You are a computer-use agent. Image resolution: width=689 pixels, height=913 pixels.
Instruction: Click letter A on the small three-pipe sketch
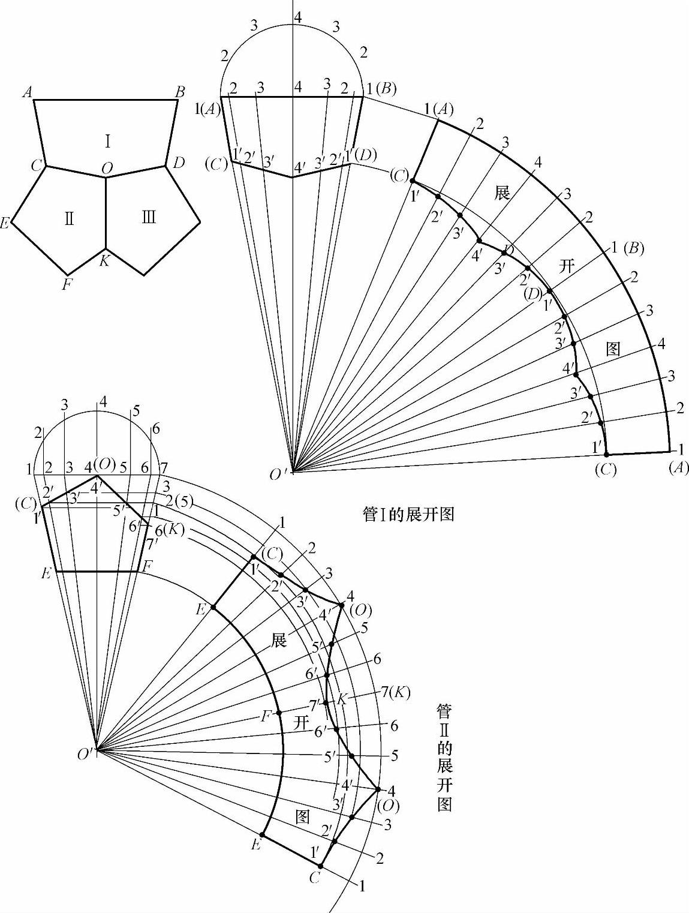point(26,92)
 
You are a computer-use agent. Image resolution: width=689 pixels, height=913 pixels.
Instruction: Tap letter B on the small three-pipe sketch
point(179,92)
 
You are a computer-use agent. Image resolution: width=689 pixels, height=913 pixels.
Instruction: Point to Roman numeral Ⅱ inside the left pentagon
point(70,218)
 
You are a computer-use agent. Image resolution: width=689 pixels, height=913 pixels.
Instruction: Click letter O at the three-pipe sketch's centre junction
point(106,169)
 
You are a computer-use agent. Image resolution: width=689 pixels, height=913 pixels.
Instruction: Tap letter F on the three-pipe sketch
point(67,284)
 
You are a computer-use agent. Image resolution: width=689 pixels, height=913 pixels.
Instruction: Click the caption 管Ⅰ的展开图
point(408,515)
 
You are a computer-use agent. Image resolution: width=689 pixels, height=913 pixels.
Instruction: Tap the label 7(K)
point(395,692)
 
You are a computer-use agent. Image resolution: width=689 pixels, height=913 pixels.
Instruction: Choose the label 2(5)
point(178,501)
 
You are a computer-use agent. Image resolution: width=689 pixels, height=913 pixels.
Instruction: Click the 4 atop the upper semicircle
point(297,17)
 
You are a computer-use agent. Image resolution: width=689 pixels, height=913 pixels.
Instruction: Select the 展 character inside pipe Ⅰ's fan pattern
point(502,193)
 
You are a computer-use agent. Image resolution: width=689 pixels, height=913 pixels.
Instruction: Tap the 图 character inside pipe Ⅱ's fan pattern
point(303,816)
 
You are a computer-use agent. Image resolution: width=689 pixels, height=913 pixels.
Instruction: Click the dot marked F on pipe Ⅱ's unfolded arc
point(279,713)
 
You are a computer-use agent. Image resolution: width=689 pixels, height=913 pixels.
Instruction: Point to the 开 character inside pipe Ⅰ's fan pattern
point(567,266)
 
